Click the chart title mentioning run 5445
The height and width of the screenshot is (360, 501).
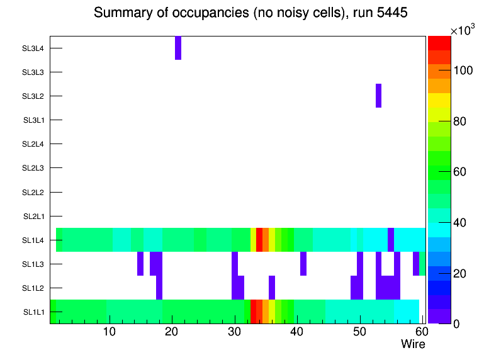point(250,13)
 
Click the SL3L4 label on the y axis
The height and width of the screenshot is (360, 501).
point(33,48)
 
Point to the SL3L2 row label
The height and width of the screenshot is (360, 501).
point(33,96)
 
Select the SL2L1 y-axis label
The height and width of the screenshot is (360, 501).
point(33,217)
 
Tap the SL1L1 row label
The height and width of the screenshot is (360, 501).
point(33,312)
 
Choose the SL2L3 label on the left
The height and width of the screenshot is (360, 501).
point(33,168)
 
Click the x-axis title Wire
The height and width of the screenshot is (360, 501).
point(413,344)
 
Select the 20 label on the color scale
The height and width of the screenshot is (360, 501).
point(464,273)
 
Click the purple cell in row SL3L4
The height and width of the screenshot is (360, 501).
point(178,48)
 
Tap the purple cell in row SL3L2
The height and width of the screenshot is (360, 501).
point(379,96)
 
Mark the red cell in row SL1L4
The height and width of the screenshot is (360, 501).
point(259,240)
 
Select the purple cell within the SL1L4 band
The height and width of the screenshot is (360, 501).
point(391,240)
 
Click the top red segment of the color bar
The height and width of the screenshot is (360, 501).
point(439,43)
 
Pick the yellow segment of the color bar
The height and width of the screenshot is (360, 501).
point(439,100)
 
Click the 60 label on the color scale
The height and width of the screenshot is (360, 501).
point(464,172)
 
